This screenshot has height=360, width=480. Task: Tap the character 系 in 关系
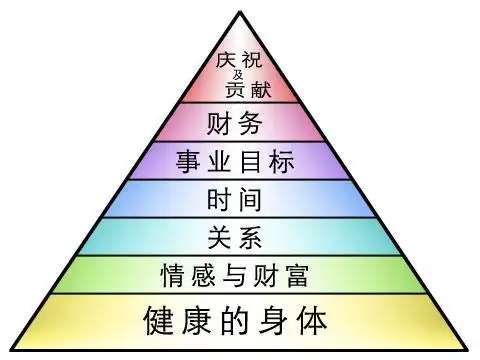(256, 236)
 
